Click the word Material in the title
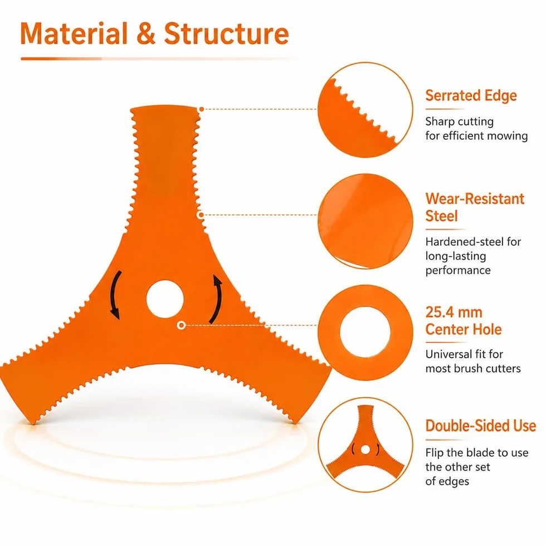(74, 34)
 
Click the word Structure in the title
(226, 34)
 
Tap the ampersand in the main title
(146, 34)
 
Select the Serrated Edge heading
(471, 96)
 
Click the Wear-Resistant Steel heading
(475, 207)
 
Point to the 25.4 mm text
(454, 313)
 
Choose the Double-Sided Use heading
(480, 426)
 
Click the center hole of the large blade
(165, 299)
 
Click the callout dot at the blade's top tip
(201, 109)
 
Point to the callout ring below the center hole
(181, 325)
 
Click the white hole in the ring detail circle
(365, 332)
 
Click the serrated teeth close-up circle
(365, 110)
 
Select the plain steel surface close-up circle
(365, 222)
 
